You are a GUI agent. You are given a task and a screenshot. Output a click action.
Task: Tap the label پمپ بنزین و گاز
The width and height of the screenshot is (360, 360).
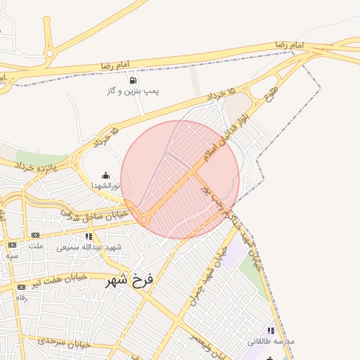point(133,91)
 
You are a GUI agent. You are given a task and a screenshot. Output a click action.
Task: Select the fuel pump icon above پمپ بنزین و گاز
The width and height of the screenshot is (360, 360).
point(133,79)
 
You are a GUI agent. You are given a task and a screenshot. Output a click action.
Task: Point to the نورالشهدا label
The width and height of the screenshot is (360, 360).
point(105,186)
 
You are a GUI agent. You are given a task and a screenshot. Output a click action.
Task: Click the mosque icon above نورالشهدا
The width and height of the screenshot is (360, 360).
point(105,175)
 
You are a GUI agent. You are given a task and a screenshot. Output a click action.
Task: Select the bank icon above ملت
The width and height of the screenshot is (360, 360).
point(35,235)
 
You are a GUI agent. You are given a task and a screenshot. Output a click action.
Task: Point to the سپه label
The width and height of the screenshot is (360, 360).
point(12,255)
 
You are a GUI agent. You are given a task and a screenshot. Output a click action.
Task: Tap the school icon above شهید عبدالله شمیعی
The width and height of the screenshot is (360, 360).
point(89,236)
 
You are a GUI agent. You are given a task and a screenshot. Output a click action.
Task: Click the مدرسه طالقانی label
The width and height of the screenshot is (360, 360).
point(271,341)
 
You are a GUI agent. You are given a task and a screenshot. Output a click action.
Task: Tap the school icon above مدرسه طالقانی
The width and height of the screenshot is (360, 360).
point(271,330)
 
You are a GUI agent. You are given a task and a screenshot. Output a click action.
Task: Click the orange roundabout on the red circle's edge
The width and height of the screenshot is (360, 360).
point(143,220)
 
